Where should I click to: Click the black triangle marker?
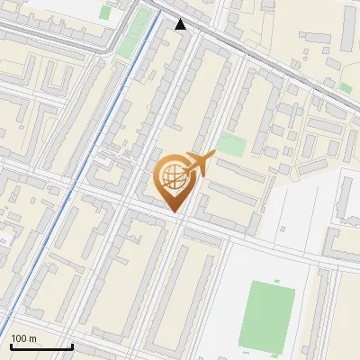pyautogui.click(x=181, y=24)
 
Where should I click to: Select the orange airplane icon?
pyautogui.click(x=199, y=163)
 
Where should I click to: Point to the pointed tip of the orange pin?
pyautogui.click(x=172, y=212)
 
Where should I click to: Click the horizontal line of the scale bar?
pyautogui.click(x=40, y=346)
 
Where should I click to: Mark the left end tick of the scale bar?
pyautogui.click(x=10, y=345)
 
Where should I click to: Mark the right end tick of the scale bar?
pyautogui.click(x=72, y=345)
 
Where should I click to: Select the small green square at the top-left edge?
pyautogui.click(x=105, y=13)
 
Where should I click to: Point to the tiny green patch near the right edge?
pyautogui.click(x=346, y=88)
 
